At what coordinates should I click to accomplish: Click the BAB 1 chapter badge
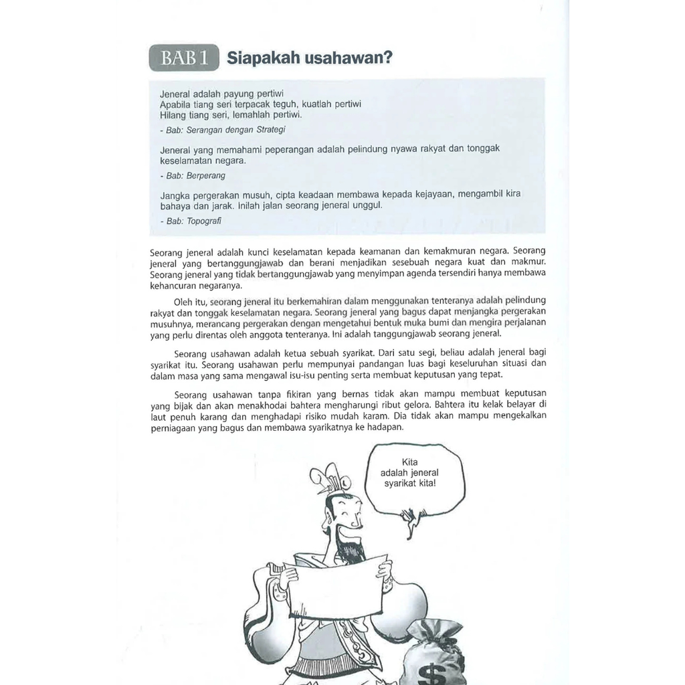[184, 58]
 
